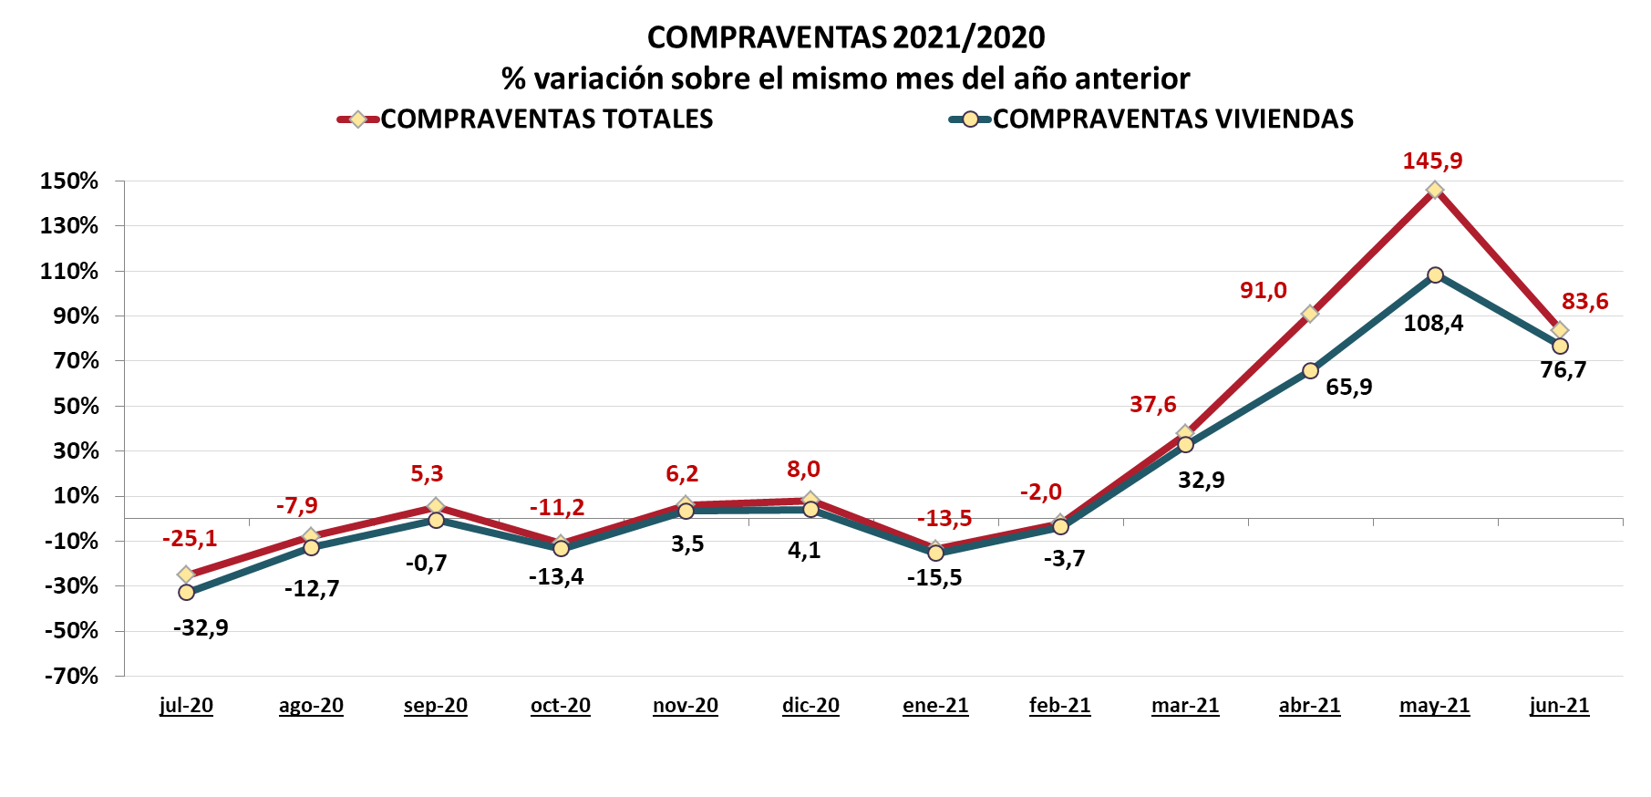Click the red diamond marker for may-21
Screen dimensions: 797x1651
(x=1435, y=190)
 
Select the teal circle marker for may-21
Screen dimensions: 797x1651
(x=1435, y=274)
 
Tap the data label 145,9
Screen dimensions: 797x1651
(x=1432, y=161)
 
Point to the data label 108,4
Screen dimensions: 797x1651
(x=1433, y=323)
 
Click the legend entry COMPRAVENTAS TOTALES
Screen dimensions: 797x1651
(x=546, y=119)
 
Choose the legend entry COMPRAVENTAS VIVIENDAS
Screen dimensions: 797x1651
(x=1172, y=119)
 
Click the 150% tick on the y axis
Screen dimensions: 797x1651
(x=69, y=181)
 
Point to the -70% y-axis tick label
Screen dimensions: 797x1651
(x=71, y=676)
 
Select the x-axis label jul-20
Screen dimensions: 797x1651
(x=186, y=705)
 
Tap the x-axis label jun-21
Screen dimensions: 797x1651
(x=1559, y=705)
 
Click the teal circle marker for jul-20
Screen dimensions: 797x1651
(x=186, y=593)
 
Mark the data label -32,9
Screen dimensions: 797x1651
(x=201, y=627)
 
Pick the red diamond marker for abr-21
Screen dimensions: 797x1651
(x=1310, y=314)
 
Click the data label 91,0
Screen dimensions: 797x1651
(x=1264, y=290)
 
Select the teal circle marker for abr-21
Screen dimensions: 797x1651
(x=1310, y=370)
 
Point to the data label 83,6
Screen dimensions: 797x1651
(x=1585, y=301)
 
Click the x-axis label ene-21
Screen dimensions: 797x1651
(x=935, y=705)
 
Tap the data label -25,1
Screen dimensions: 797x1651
(x=190, y=538)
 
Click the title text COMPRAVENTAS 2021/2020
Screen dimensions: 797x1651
(x=846, y=37)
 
